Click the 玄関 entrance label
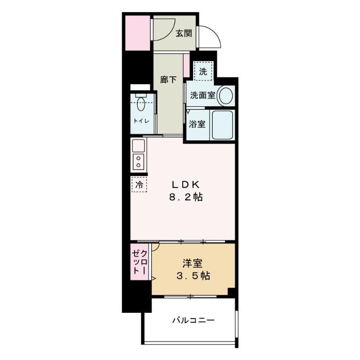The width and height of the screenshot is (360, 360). click(x=184, y=33)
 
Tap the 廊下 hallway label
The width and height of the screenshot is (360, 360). click(x=168, y=80)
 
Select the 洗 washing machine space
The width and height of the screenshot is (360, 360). click(x=203, y=71)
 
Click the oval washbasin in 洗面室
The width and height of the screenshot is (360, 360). click(x=226, y=95)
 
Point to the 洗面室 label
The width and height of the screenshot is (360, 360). click(x=202, y=95)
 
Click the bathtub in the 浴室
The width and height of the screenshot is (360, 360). click(x=222, y=125)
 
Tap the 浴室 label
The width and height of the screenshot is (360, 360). click(x=197, y=124)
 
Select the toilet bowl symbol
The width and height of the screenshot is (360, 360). click(x=141, y=103)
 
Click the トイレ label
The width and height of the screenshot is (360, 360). click(x=141, y=121)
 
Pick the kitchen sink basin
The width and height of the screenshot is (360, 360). click(x=139, y=145)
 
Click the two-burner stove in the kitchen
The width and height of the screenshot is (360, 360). click(x=139, y=162)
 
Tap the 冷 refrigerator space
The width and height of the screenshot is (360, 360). click(x=139, y=184)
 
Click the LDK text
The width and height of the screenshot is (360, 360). click(x=185, y=184)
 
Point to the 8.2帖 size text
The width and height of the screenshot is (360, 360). click(x=186, y=197)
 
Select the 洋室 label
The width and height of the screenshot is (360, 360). click(x=193, y=263)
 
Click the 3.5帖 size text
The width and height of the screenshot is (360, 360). click(x=193, y=276)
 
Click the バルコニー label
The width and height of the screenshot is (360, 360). click(x=193, y=320)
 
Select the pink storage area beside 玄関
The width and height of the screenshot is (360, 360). click(x=138, y=33)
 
